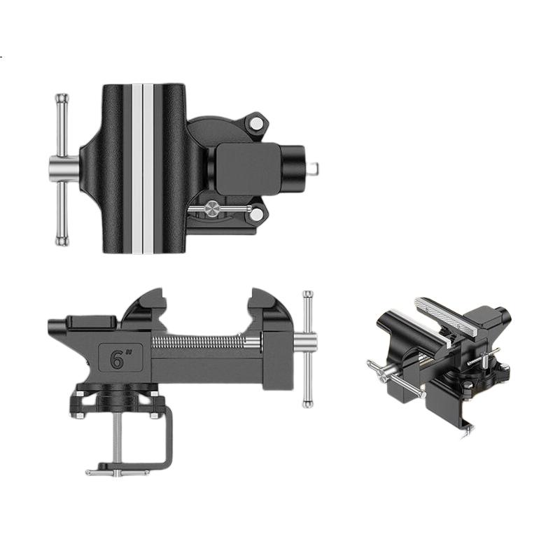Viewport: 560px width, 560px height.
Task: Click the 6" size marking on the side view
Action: [120, 359]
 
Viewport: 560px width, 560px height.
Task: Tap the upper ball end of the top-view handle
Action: [62, 97]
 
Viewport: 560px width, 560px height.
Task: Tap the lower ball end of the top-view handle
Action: [62, 241]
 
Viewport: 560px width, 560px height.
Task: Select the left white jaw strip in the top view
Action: [136, 169]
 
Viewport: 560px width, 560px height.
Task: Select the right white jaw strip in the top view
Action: [148, 169]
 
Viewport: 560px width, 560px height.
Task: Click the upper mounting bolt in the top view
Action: [255, 124]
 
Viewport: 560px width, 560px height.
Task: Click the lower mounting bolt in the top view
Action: [256, 214]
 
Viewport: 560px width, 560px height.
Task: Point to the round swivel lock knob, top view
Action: [212, 209]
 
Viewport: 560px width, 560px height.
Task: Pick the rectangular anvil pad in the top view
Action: [248, 169]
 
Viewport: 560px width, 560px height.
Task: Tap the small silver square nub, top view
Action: [314, 167]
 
